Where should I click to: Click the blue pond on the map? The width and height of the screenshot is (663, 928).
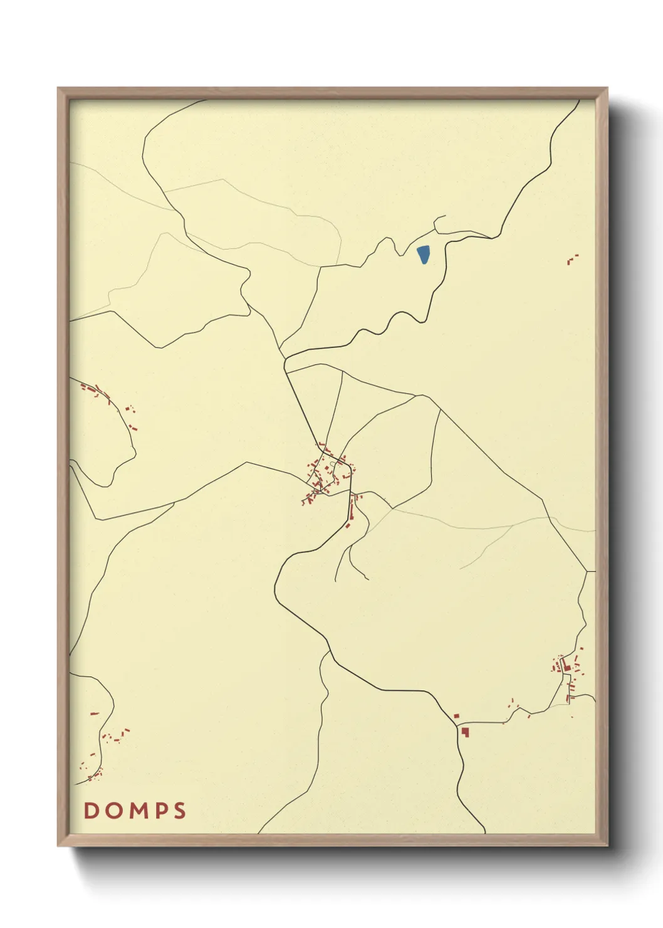pos(424,254)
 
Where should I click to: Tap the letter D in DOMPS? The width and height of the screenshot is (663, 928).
pos(91,810)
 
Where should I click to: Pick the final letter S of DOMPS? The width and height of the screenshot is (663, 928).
pos(180,810)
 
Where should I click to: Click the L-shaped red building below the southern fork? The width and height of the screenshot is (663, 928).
pos(466,731)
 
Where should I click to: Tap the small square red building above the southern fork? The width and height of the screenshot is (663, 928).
pos(457,715)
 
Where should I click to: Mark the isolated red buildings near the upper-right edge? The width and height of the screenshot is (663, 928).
pos(572,258)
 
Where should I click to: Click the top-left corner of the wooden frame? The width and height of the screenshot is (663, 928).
pos(58,88)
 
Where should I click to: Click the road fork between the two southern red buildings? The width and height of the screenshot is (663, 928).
pos(460,725)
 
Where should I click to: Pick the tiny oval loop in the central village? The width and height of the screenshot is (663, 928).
pos(332,464)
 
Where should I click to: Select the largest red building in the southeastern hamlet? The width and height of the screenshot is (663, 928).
pos(567,668)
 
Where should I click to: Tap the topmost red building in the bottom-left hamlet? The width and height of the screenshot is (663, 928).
pos(95,714)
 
